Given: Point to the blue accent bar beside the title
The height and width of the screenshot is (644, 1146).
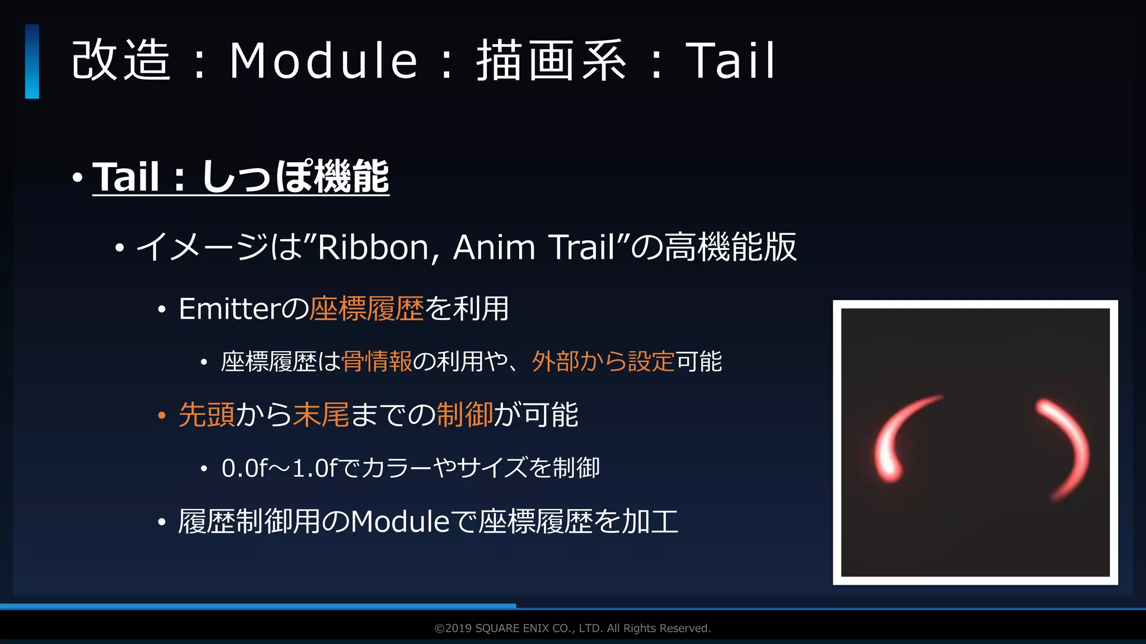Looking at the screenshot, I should pyautogui.click(x=32, y=61).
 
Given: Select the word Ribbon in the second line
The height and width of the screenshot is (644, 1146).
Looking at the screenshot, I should pyautogui.click(x=373, y=247).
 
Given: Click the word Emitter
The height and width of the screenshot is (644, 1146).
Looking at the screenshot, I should pyautogui.click(x=228, y=309).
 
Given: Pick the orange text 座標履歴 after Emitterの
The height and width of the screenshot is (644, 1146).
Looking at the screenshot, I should pyautogui.click(x=367, y=309).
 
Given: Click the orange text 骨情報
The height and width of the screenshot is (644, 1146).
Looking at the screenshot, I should pyautogui.click(x=377, y=362).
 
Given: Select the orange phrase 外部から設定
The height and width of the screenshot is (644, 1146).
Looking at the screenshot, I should pyautogui.click(x=603, y=362).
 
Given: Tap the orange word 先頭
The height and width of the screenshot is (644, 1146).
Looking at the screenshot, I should pyautogui.click(x=206, y=415).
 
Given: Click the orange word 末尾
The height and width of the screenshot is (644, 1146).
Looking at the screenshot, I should pyautogui.click(x=321, y=415).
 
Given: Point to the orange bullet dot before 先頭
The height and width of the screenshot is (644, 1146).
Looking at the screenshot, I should pyautogui.click(x=162, y=415).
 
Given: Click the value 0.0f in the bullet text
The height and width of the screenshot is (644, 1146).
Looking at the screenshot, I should pyautogui.click(x=245, y=468).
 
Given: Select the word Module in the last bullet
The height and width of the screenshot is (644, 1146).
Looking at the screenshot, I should pyautogui.click(x=400, y=522).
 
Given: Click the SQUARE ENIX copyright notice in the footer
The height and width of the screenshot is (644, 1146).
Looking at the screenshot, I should pyautogui.click(x=572, y=628).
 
